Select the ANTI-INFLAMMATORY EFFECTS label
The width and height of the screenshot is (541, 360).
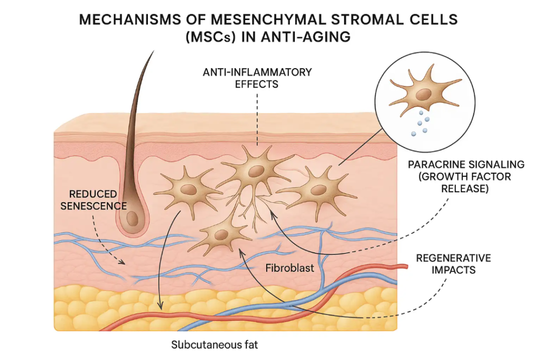pyautogui.click(x=257, y=77)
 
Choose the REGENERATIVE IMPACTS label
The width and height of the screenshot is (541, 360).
pyautogui.click(x=453, y=263)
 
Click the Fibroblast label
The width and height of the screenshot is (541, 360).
pyautogui.click(x=290, y=268)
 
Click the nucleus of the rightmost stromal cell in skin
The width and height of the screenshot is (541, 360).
pyautogui.click(x=319, y=190)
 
